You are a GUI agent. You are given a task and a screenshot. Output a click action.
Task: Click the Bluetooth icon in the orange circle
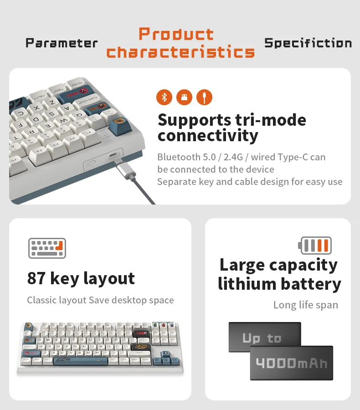(x=164, y=97)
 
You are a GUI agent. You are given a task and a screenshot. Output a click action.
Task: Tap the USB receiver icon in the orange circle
(x=184, y=97)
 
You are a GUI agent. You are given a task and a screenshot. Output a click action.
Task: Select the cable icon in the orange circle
(x=204, y=97)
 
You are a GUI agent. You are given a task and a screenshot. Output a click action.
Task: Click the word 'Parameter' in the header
(x=62, y=43)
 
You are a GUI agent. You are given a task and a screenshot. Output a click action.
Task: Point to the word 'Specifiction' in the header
(x=308, y=43)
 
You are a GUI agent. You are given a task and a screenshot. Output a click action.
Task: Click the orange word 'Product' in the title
(x=176, y=34)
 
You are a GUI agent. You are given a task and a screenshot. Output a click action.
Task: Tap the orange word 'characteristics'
(x=180, y=51)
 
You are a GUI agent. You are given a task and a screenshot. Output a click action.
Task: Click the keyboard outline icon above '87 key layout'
(x=47, y=248)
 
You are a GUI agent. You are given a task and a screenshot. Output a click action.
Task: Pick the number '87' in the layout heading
(x=36, y=278)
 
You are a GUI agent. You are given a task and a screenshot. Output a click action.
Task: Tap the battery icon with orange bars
(x=315, y=246)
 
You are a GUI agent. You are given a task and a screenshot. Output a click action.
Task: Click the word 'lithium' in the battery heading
(x=245, y=284)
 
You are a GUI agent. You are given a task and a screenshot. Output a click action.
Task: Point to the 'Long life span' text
(x=305, y=305)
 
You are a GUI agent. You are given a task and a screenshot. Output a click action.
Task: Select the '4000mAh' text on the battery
(x=292, y=363)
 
